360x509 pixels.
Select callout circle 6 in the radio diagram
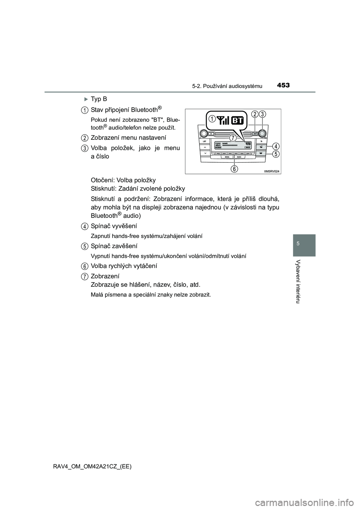(x=234, y=169)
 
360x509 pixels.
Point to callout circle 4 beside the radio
(x=275, y=146)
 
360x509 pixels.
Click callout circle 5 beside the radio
(x=275, y=154)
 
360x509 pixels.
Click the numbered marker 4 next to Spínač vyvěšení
(x=85, y=226)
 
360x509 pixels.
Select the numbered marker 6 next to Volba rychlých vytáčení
(x=85, y=266)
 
